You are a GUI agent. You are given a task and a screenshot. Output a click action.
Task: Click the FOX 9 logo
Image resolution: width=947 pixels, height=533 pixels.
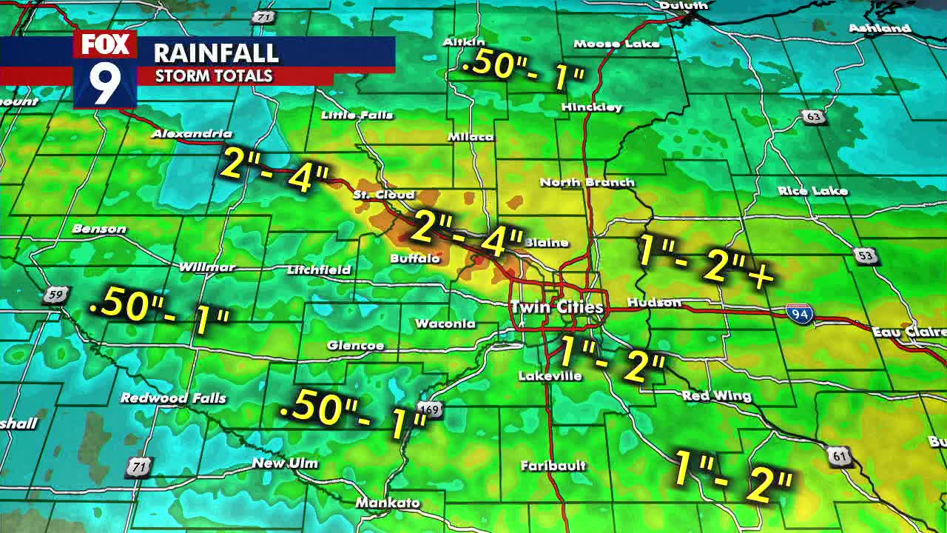105,70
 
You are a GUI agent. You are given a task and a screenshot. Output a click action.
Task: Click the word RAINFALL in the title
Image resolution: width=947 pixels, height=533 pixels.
216,53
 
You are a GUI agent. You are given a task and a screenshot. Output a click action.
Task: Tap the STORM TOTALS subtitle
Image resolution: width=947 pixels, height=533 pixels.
214,76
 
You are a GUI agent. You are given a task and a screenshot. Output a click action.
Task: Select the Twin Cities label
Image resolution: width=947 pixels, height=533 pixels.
556,306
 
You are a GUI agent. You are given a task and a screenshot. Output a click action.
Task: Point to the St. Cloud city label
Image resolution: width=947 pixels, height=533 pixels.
383,195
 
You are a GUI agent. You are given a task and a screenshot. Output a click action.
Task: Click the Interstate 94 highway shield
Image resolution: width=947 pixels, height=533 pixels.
799,314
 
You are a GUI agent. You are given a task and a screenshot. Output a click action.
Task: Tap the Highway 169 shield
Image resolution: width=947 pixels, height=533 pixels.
428,409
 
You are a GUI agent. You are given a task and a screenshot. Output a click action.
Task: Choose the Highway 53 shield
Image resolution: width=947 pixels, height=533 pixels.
866,256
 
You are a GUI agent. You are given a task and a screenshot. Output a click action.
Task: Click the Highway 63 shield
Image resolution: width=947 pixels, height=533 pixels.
812,117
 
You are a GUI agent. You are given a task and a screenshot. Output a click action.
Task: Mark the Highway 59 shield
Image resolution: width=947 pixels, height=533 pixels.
55,295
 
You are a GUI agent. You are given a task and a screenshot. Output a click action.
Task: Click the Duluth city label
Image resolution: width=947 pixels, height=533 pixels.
683,6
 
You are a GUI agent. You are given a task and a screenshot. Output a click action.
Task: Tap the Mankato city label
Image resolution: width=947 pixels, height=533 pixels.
388,503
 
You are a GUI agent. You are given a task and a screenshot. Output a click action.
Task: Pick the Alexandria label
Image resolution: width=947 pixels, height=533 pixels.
192,134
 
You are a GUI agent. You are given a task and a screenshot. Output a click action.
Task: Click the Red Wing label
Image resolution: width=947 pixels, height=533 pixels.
716,396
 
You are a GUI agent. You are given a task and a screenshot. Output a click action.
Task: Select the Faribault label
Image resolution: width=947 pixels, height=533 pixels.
553,466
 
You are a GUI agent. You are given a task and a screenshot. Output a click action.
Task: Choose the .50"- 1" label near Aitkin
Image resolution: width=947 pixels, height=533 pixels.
522,69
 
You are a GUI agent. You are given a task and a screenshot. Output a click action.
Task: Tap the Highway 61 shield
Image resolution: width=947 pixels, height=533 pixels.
840,456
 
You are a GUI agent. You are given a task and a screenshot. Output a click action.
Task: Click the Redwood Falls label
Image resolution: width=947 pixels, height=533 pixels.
173,398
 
